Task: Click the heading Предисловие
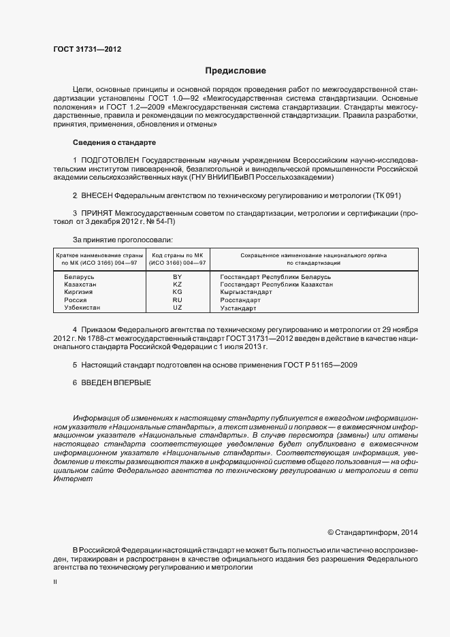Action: [236, 71]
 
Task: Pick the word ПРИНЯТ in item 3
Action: [98, 213]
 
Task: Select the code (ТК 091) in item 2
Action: [387, 195]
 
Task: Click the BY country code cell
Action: [178, 277]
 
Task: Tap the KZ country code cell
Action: [178, 284]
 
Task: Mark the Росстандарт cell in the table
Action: [240, 300]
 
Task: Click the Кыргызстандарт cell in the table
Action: [246, 292]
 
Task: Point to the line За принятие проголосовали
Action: [123, 239]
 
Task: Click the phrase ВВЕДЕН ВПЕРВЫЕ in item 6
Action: [116, 382]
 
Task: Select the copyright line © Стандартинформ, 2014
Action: [373, 532]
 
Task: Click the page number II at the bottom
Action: [55, 583]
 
